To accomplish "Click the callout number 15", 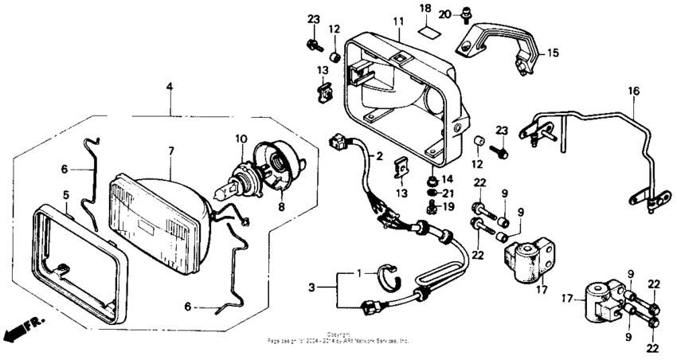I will tap(552, 54).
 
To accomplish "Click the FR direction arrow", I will tap(24, 328).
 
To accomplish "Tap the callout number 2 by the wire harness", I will tap(379, 156).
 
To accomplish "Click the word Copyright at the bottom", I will tap(338, 335).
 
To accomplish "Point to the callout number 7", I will tap(170, 151).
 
